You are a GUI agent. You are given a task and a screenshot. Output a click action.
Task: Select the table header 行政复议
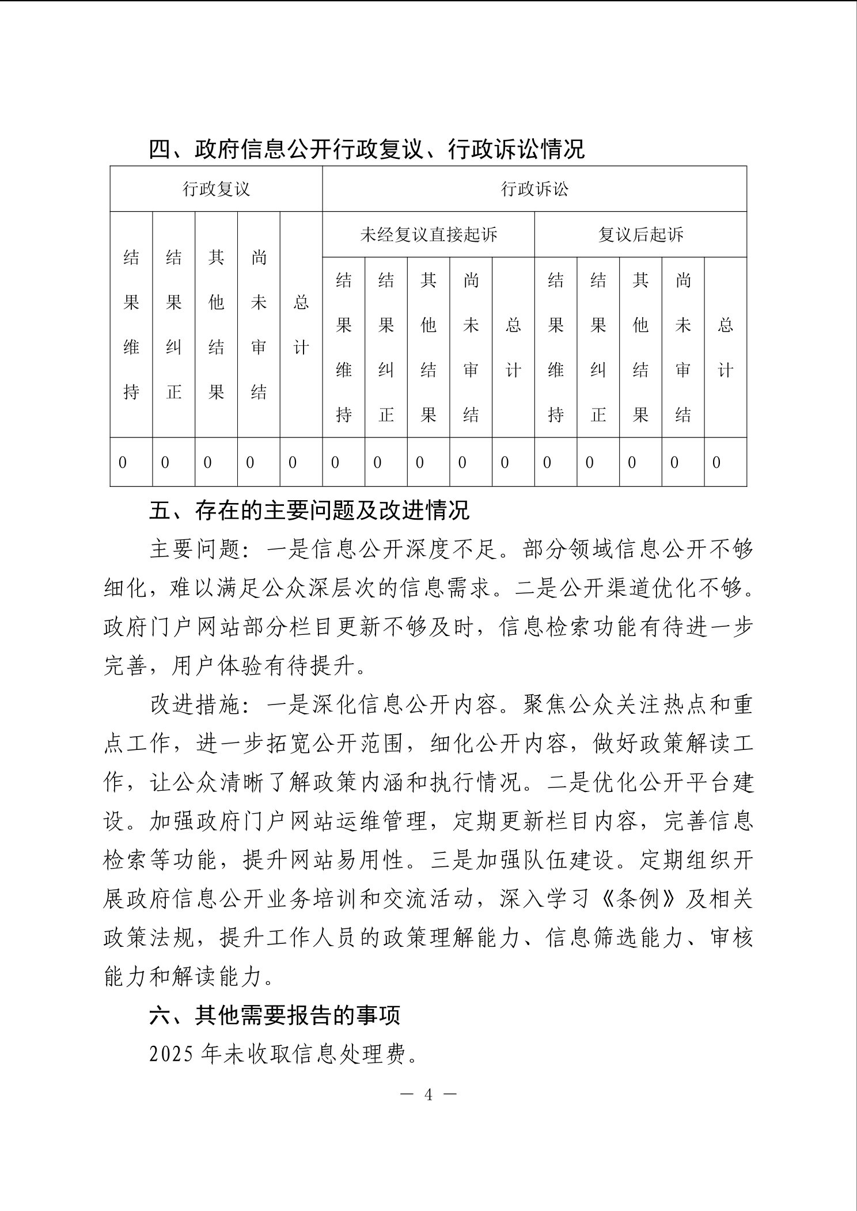216,189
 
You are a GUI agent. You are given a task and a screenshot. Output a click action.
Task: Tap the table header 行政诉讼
534,189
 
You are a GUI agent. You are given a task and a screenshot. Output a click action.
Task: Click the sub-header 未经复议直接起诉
428,234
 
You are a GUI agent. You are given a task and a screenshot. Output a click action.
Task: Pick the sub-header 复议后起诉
640,234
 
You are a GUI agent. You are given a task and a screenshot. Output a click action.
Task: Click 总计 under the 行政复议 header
301,325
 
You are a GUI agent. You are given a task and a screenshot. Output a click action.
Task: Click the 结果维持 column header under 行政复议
131,325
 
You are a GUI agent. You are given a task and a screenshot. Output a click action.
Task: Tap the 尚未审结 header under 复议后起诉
683,347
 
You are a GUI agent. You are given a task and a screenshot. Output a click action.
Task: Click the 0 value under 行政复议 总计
293,462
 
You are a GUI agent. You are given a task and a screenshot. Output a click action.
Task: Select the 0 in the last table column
716,462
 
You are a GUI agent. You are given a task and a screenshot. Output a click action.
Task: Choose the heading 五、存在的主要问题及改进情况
309,511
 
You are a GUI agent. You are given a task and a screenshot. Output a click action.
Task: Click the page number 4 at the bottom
428,1095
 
